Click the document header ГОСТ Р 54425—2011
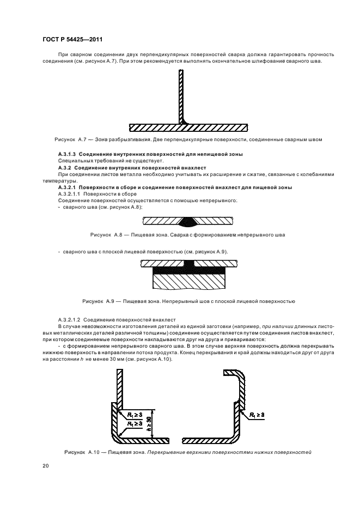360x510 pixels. [72, 40]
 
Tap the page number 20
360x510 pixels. [46, 466]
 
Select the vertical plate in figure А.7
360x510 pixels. [181, 97]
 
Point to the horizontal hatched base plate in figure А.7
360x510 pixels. [188, 127]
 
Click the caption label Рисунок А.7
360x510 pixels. [69, 139]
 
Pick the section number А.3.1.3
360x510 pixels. [67, 154]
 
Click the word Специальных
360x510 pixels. [74, 161]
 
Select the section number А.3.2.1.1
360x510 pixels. [69, 194]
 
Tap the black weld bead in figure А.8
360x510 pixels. [188, 222]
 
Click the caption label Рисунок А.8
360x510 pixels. [106, 235]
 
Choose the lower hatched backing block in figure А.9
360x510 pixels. [190, 281]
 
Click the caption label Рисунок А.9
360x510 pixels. [97, 301]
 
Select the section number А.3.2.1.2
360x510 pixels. [69, 320]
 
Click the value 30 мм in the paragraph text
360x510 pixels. [101, 360]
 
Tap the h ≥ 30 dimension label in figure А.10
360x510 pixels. [149, 423]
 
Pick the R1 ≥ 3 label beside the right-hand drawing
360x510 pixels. [257, 415]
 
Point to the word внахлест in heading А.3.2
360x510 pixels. [196, 168]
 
